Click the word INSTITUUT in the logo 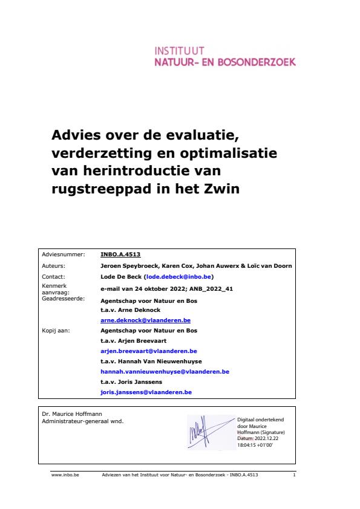click(x=180, y=50)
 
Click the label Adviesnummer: click(x=63, y=255)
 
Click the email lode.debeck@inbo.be click(x=178, y=275)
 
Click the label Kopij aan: click(x=54, y=331)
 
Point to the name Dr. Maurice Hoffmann click(x=66, y=413)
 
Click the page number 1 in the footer click(x=293, y=476)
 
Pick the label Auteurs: click(x=54, y=265)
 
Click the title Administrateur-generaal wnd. click(x=82, y=420)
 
